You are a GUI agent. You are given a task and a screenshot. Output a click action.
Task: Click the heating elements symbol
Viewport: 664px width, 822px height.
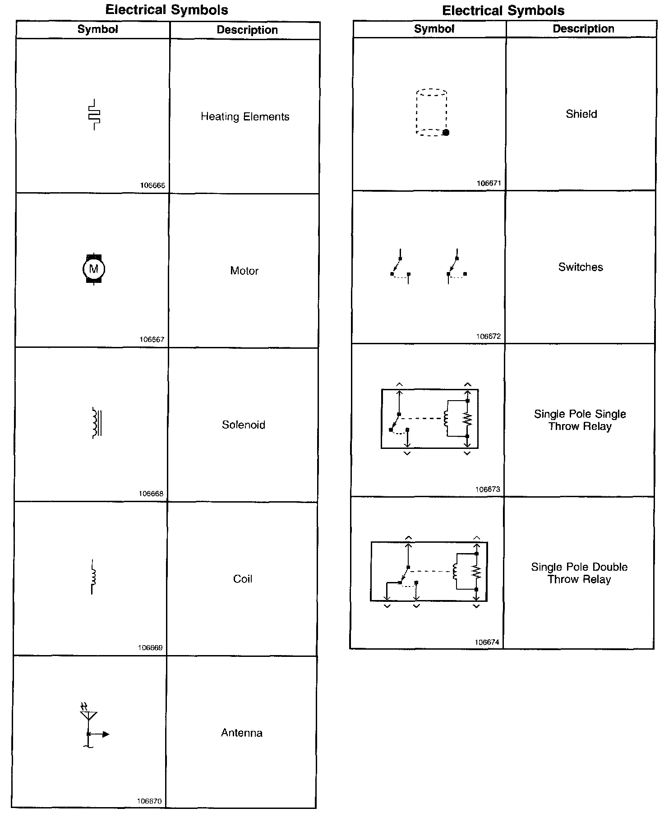coord(94,115)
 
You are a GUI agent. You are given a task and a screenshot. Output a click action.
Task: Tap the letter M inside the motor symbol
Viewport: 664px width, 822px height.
coord(94,269)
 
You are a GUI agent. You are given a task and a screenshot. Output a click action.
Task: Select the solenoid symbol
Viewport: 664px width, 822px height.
coord(96,423)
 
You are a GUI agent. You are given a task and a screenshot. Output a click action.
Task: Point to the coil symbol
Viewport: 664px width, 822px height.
coord(93,577)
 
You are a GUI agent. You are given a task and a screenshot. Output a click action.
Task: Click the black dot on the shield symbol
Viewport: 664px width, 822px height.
coord(446,133)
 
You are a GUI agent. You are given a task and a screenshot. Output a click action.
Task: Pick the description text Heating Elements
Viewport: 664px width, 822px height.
coord(245,117)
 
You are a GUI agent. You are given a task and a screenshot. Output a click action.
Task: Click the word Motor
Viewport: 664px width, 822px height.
coord(244,271)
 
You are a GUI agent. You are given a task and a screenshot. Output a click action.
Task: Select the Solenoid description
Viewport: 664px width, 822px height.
coord(243,425)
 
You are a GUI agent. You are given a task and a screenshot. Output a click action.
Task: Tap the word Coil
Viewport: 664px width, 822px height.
coord(242,579)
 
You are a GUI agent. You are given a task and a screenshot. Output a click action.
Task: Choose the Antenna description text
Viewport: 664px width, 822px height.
coord(241,733)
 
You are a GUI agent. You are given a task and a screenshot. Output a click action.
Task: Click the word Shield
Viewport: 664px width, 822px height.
coord(581,114)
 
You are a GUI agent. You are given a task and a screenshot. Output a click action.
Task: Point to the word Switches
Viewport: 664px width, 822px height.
coord(581,267)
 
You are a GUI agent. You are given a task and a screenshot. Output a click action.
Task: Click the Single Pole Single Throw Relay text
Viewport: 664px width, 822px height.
coord(580,420)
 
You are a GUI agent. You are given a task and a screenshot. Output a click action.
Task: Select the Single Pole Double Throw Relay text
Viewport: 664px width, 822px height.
coord(579,573)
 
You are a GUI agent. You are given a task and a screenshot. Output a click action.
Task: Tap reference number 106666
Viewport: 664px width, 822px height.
coord(152,185)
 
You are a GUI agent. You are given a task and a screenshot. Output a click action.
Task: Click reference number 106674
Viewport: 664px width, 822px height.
coord(487,642)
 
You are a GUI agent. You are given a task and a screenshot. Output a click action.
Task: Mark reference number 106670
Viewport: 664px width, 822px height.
coord(149,802)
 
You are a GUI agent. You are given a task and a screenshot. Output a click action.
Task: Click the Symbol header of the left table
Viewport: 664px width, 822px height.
coord(97,29)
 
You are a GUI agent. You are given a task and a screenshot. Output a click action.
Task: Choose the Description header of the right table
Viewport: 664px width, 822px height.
coord(583,29)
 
